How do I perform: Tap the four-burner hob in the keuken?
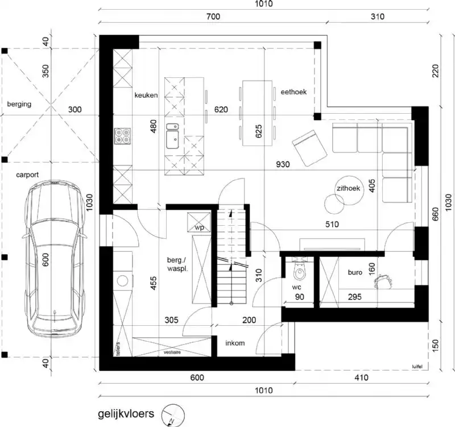(x=122, y=135)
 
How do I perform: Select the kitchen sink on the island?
(x=172, y=136)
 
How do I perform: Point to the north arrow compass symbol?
(x=173, y=415)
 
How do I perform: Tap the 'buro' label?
(x=355, y=272)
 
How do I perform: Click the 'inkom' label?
(x=234, y=343)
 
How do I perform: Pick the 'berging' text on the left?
(x=19, y=105)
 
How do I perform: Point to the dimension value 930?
(x=283, y=164)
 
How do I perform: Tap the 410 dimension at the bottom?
(x=361, y=377)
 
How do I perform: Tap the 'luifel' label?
(x=419, y=367)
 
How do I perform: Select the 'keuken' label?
(x=146, y=95)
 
